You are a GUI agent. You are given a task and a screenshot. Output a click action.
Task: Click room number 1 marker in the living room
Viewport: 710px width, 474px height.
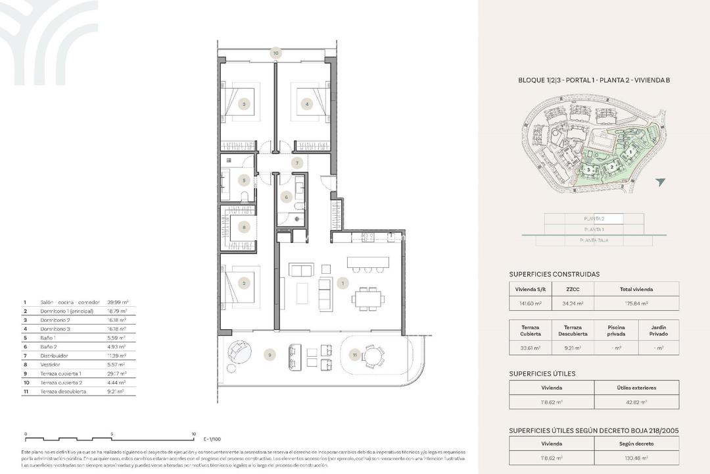pos(342,283)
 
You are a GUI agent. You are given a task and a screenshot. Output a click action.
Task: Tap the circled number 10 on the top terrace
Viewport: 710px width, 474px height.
pos(276,53)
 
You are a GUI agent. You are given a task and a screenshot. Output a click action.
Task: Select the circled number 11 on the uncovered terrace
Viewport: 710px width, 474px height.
pos(354,355)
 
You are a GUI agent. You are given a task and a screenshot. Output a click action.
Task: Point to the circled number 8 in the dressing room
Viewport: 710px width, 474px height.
pos(244,228)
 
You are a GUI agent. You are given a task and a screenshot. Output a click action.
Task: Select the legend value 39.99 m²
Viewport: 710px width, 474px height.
pos(117,302)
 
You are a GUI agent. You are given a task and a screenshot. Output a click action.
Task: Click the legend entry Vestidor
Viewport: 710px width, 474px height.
pos(51,364)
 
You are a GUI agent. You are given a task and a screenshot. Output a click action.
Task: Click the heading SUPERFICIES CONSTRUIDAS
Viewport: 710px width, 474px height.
pos(554,274)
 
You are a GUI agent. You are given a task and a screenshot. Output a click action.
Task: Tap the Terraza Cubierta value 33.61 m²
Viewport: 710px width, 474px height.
pos(531,348)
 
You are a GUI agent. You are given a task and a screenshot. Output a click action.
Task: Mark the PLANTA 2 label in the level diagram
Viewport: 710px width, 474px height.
pos(594,219)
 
